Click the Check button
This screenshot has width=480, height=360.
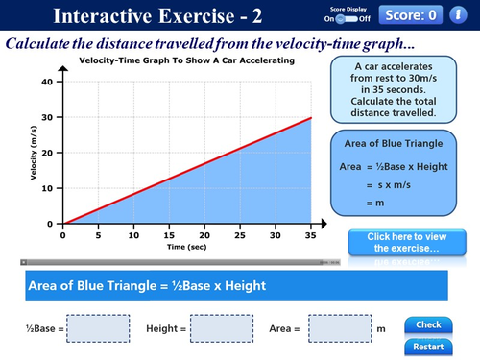tap(428, 324)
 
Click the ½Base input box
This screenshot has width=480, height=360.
tap(98, 329)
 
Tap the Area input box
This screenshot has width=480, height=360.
tap(339, 329)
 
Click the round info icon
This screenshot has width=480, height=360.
tap(460, 14)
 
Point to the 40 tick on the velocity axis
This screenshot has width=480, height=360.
tap(46, 82)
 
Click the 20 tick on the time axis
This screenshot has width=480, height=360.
tap(203, 234)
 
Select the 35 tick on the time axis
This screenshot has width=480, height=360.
tap(309, 234)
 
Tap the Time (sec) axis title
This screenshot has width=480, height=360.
tap(186, 247)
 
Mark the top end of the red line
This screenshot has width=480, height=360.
tap(309, 118)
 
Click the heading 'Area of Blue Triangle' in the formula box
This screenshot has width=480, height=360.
tap(395, 143)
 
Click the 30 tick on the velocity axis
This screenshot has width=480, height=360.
tap(46, 117)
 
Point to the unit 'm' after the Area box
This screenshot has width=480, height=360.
tap(381, 329)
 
